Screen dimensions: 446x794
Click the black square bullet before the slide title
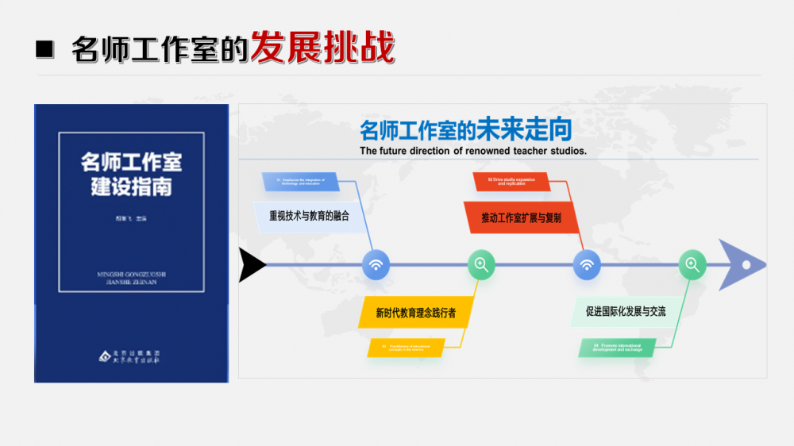45,49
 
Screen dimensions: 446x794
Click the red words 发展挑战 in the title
322,48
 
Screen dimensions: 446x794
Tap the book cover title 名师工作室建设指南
131,175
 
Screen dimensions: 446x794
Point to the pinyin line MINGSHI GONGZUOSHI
131,275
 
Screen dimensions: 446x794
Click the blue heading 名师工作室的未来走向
465,130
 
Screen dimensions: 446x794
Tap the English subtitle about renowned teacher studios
473,151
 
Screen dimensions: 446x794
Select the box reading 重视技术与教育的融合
309,216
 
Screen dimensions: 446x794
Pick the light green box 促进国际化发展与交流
626,312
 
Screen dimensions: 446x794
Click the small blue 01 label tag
301,182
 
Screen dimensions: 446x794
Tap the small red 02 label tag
511,182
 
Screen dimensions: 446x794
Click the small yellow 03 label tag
406,348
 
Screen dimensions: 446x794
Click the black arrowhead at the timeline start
252,265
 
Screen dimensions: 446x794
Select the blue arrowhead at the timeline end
742,264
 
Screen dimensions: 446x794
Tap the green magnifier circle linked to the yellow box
480,265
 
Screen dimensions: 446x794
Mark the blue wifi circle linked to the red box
587,265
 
